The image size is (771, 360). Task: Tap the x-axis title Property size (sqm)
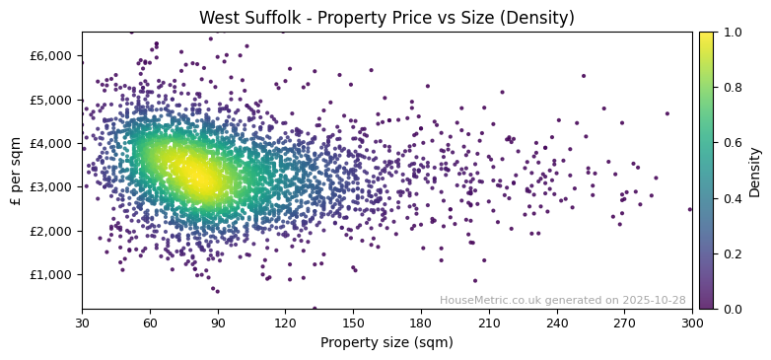pos(386,343)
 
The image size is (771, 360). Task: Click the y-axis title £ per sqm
pos(16,171)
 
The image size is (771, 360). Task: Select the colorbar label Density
pos(755,171)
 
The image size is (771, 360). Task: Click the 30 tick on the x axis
pos(82,323)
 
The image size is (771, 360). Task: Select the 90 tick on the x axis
pos(218,323)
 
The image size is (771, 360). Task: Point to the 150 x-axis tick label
pos(353,323)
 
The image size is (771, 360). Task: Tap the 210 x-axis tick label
pos(489,323)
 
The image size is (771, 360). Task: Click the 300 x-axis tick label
pos(692,323)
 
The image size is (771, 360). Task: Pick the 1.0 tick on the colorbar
pos(731,32)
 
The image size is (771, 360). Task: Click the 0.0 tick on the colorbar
pos(731,309)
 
